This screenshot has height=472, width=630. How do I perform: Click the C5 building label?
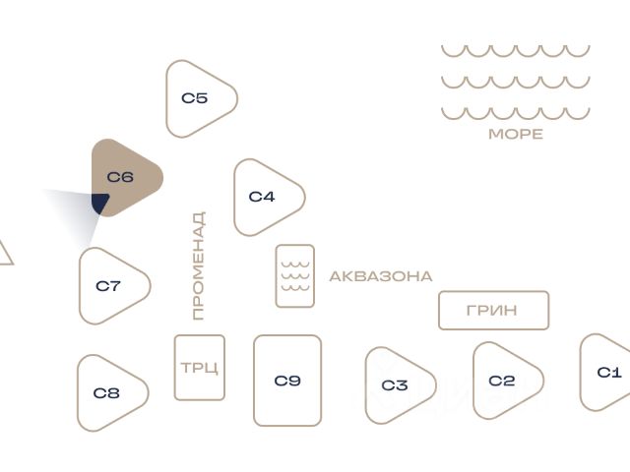pyautogui.click(x=195, y=98)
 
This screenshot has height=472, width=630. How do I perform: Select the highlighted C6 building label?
pyautogui.click(x=120, y=177)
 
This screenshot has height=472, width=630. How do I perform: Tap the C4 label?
pyautogui.click(x=262, y=197)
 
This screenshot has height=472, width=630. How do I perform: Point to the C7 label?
pyautogui.click(x=108, y=286)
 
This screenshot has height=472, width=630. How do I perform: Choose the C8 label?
pyautogui.click(x=106, y=393)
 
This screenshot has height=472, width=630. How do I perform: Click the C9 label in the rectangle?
pyautogui.click(x=287, y=381)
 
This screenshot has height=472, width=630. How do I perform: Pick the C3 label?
pyautogui.click(x=395, y=385)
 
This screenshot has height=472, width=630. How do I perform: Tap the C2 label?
pyautogui.click(x=501, y=381)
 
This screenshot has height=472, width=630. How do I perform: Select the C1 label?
pyautogui.click(x=609, y=373)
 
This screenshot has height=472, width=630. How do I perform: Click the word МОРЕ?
pyautogui.click(x=516, y=134)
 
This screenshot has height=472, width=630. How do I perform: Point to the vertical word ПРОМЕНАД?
pyautogui.click(x=199, y=265)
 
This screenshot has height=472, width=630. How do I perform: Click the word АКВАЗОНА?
pyautogui.click(x=381, y=276)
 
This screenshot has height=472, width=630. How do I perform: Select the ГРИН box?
pyautogui.click(x=493, y=311)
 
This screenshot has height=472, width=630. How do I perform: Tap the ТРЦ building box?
pyautogui.click(x=199, y=368)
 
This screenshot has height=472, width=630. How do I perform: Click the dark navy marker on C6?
pyautogui.click(x=100, y=203)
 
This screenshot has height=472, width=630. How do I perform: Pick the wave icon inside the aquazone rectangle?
pyautogui.click(x=295, y=276)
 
